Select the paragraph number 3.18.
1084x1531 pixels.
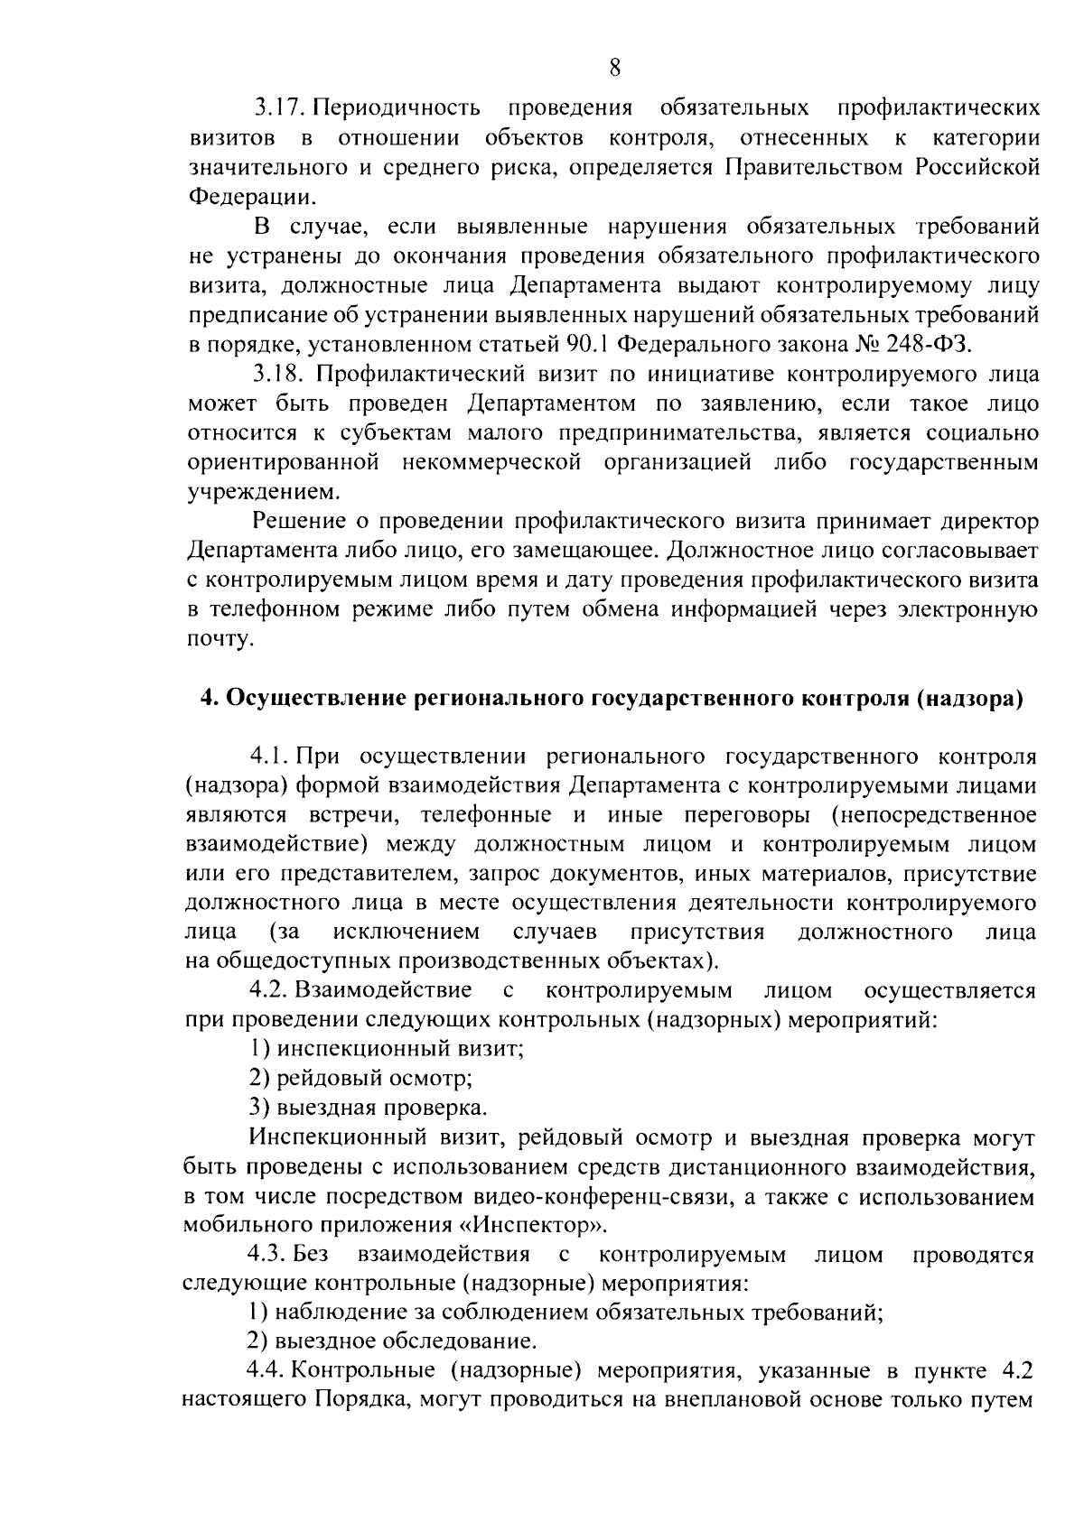[281, 374]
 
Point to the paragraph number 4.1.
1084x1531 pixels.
[268, 756]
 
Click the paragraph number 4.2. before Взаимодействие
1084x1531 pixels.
[268, 991]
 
